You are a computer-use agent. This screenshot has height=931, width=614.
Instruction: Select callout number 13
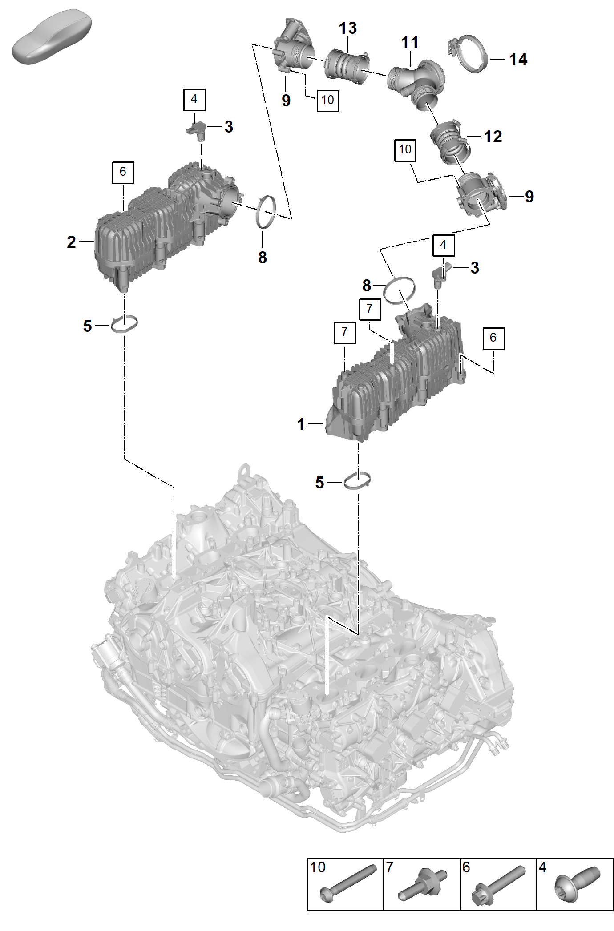347,28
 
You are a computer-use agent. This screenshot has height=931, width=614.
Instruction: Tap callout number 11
409,43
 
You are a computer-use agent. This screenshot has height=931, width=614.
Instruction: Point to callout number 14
518,59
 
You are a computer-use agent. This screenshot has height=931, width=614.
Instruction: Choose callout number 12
493,137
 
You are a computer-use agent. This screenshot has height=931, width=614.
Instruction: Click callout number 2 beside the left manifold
71,242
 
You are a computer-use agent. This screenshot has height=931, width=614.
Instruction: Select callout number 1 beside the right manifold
301,424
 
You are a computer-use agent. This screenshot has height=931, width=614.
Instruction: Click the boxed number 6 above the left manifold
123,172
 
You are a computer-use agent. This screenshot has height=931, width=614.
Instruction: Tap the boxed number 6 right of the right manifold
493,338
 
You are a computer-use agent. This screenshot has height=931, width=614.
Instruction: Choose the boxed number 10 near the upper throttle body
328,100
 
